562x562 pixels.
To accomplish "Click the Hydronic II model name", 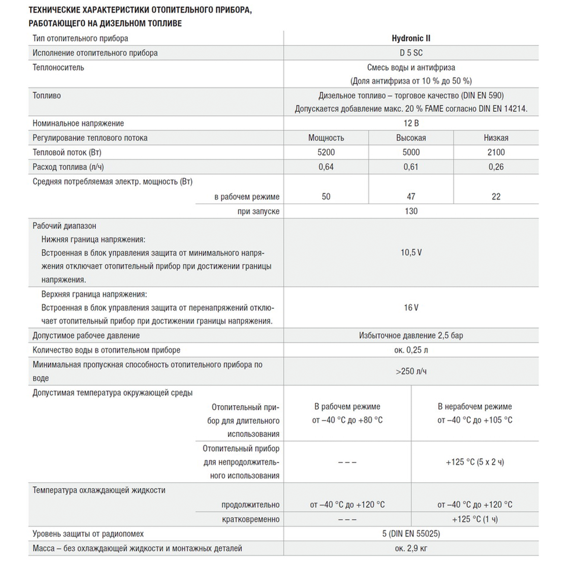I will pos(411,38).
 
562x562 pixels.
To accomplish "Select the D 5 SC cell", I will pos(411,53).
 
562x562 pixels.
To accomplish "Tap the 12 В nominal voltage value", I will pos(411,123).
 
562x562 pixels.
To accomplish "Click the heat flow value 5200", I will pos(326,152).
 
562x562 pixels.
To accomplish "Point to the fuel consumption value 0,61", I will pos(411,167).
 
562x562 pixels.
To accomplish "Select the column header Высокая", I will pos(411,138).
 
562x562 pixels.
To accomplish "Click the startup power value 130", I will pos(411,211).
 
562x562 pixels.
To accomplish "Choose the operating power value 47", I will pos(411,197).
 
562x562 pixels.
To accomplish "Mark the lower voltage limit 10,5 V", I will pos(411,253).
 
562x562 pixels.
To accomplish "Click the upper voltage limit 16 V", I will pos(411,307).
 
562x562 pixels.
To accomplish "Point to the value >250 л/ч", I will pos(411,371).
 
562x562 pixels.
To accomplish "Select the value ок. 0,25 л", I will pos(411,350).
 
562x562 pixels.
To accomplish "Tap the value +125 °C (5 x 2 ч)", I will pos(475,462).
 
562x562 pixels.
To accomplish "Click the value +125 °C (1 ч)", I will pos(475,519).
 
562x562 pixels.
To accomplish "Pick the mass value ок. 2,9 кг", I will pos(411,548).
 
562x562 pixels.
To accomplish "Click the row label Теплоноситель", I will pos(58,67).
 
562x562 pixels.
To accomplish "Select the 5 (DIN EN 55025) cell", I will pos(411,534).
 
